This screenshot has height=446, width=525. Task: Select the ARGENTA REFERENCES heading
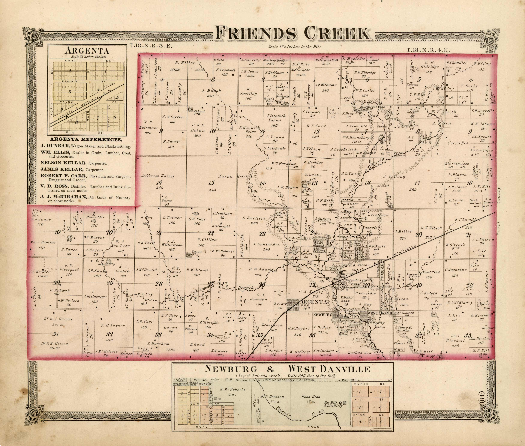coord(86,140)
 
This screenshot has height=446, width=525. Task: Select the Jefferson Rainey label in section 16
coord(158,176)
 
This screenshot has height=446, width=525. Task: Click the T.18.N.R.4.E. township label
coord(428,50)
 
